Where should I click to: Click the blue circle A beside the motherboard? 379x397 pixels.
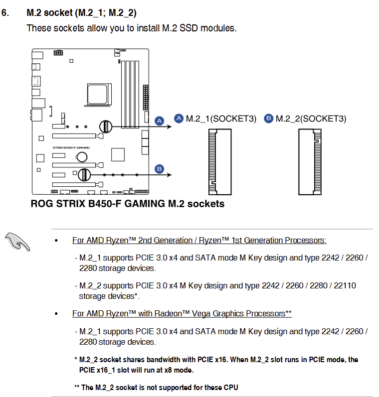[x=160, y=121]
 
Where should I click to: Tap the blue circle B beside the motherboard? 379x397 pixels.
[x=160, y=169]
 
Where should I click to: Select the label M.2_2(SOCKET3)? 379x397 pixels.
[x=311, y=119]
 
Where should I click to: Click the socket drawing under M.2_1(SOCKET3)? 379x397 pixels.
[x=220, y=162]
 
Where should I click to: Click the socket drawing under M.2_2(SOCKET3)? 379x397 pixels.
[x=309, y=162]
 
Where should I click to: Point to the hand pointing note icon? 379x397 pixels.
[x=17, y=242]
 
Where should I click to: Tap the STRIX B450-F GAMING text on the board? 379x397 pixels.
[x=71, y=147]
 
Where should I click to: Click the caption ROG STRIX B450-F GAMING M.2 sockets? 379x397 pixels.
[x=128, y=204]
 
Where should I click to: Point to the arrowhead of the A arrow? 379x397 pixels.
[x=170, y=127]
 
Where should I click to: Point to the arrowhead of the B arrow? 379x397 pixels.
[x=170, y=175]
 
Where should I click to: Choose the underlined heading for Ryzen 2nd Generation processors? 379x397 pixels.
[x=199, y=241]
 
